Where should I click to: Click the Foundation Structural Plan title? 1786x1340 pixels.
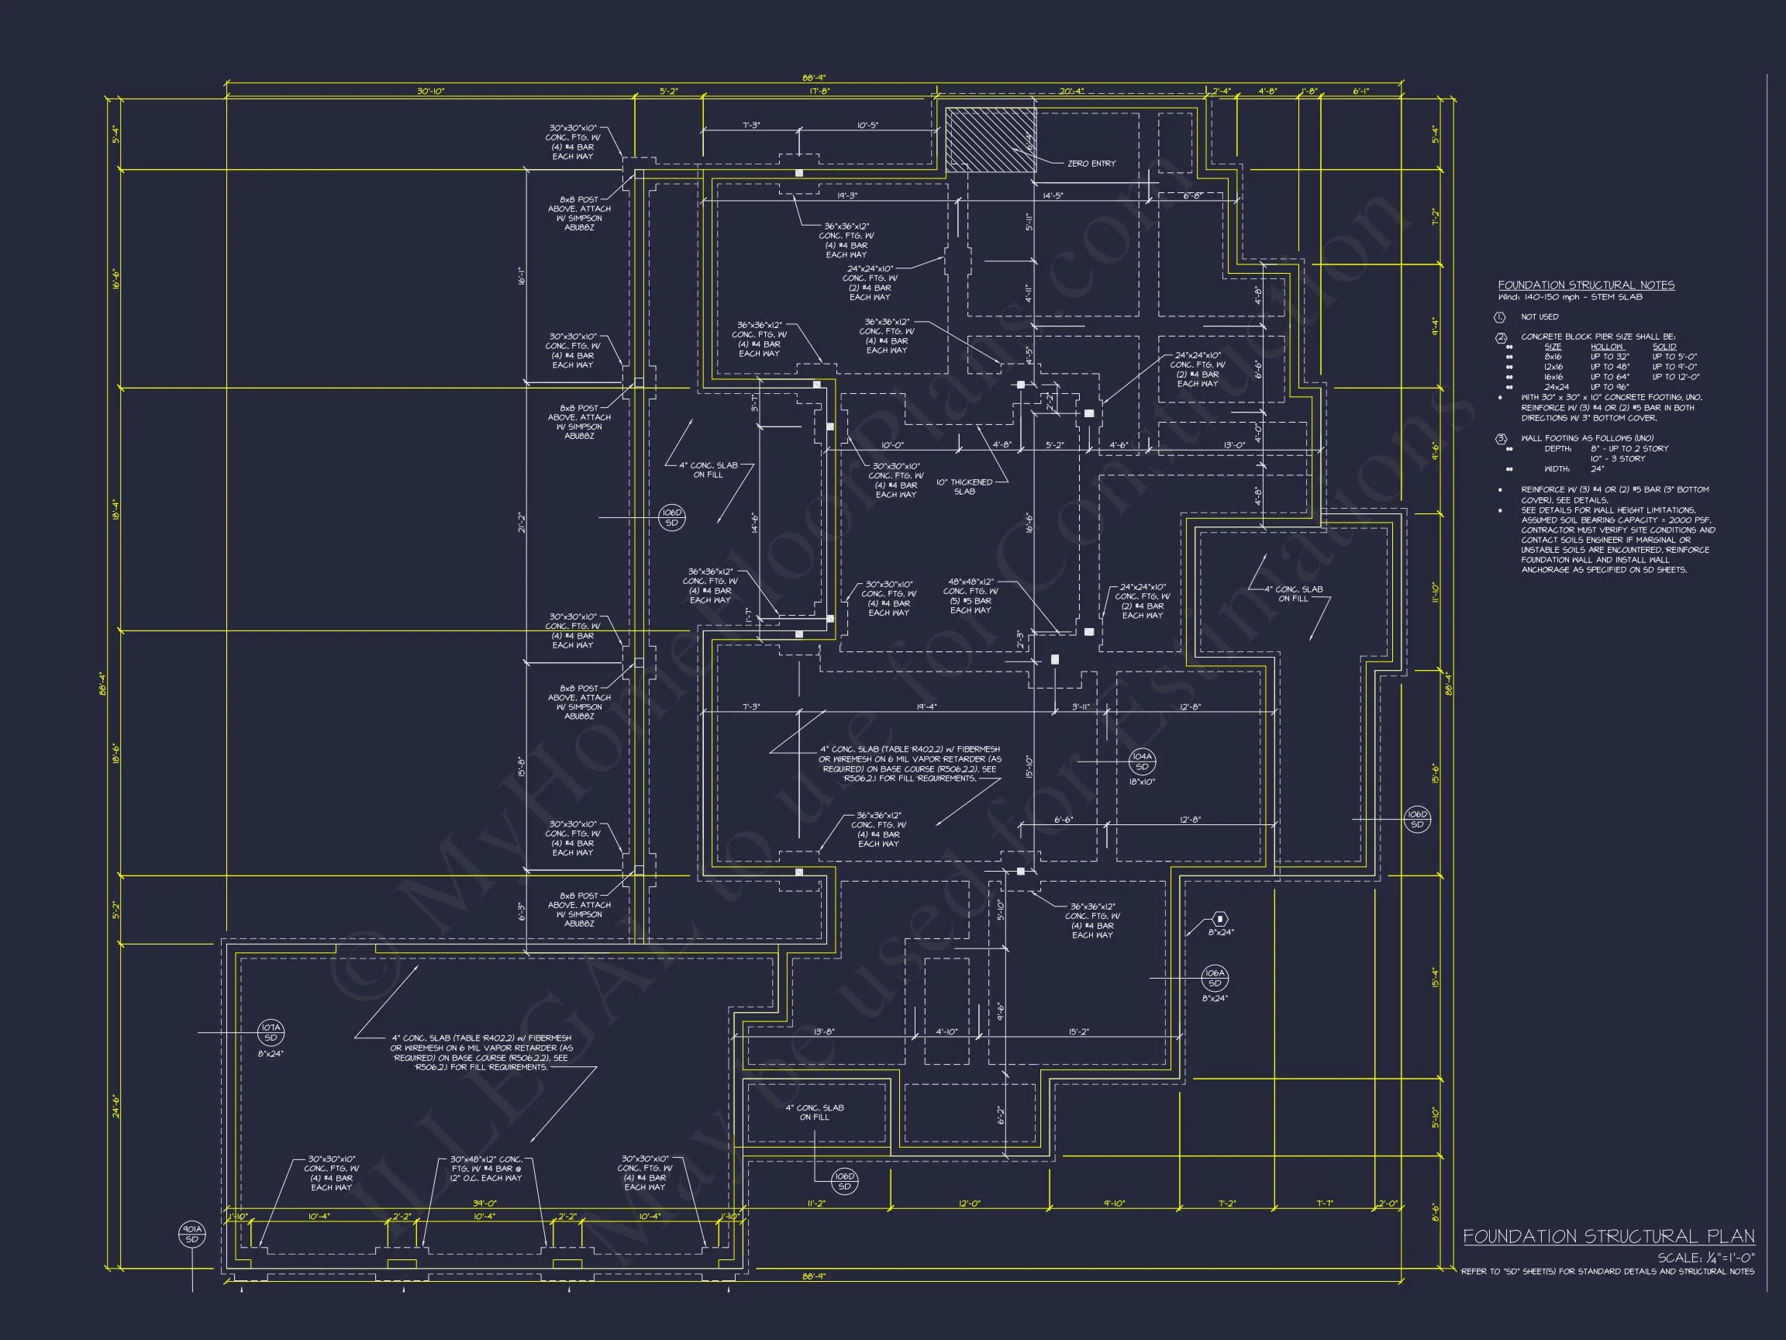1608,1236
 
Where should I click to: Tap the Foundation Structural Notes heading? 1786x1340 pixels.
1586,285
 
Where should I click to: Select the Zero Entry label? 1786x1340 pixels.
1091,164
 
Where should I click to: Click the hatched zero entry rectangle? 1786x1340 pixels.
990,140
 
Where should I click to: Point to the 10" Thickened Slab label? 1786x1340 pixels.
964,487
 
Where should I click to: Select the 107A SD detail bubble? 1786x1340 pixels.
271,1033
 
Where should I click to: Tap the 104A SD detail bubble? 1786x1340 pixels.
1142,762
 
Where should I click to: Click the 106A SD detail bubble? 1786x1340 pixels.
1215,978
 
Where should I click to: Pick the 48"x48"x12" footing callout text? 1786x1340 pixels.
971,596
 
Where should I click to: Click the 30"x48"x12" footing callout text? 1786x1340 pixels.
486,1169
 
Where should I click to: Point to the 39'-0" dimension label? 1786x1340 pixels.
484,1204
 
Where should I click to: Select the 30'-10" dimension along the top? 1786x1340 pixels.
430,92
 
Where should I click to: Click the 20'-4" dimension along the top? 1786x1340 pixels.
1071,92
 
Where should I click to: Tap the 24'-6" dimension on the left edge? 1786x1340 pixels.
116,1106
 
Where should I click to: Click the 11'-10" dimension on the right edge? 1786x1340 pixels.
1436,593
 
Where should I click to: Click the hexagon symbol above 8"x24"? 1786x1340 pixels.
1220,919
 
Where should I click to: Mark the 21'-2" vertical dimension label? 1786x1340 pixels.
522,523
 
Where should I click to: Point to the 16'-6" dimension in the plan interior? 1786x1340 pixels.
1029,523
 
